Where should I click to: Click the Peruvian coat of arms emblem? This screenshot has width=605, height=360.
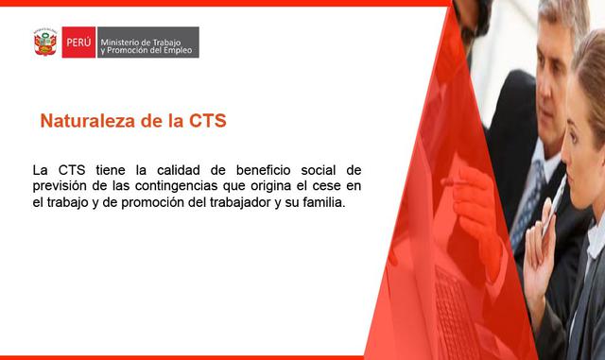click(44, 43)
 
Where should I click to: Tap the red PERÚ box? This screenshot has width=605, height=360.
click(78, 43)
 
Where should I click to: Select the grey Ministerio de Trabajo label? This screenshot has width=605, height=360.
click(147, 43)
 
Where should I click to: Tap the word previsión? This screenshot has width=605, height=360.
click(60, 186)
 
